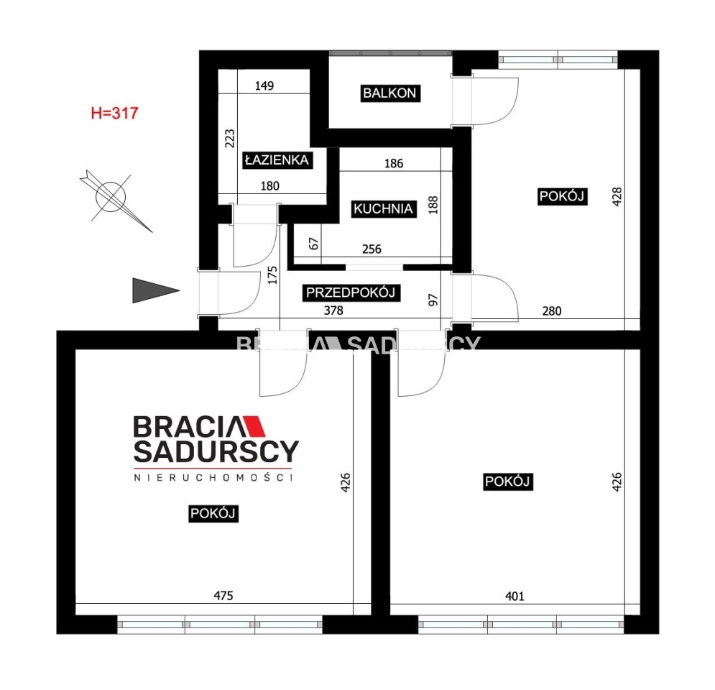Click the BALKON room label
click(390, 93)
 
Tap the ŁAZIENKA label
click(277, 160)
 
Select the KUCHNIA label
click(383, 209)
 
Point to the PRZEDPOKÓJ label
click(351, 293)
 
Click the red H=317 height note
click(114, 113)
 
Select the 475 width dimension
click(223, 596)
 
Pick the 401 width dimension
click(515, 596)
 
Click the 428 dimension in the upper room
click(617, 196)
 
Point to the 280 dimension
click(552, 311)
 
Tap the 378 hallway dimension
click(333, 310)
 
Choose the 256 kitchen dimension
click(372, 249)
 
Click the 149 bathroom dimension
click(264, 86)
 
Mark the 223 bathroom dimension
click(230, 139)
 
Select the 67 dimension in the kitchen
click(314, 244)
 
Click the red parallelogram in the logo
click(254, 426)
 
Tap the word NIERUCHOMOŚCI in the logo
click(213, 477)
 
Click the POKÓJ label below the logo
click(213, 513)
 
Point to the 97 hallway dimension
click(433, 300)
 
